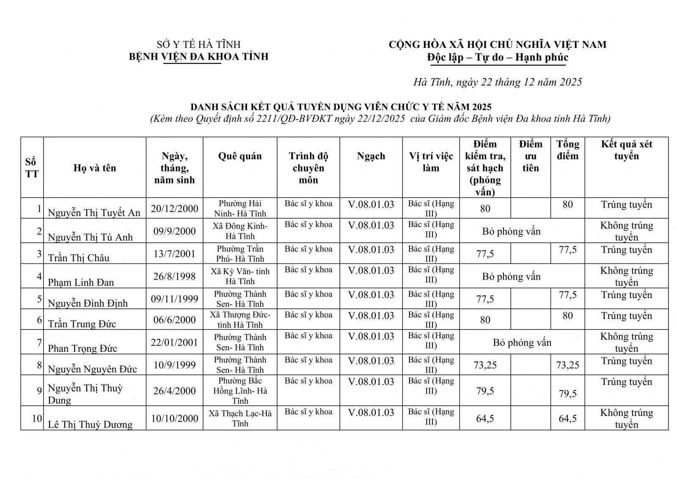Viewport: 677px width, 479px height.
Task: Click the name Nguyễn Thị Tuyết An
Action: click(94, 212)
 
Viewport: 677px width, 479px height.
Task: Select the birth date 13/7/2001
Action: click(174, 254)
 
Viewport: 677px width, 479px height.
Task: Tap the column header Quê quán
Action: click(240, 156)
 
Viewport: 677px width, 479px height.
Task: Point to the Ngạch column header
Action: click(371, 156)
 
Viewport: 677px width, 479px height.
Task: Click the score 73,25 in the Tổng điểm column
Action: click(567, 365)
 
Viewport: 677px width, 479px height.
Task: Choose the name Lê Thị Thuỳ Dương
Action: click(90, 424)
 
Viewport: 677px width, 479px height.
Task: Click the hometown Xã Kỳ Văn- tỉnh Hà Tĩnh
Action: click(240, 276)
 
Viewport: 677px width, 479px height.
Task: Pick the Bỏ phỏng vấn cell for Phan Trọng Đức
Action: click(522, 342)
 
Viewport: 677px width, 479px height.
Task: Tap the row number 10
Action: click(37, 418)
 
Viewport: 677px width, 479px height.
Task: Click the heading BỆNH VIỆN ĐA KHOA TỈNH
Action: click(198, 57)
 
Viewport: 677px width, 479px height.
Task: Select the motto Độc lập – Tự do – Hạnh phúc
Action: click(498, 57)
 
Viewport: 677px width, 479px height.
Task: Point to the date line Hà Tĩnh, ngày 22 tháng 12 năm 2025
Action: click(498, 82)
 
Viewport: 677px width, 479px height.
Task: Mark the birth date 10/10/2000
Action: click(174, 418)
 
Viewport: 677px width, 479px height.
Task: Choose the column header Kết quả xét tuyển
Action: click(626, 150)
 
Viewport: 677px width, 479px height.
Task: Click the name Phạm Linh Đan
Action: click(81, 282)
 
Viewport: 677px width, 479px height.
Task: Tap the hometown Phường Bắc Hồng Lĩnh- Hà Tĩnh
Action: click(240, 390)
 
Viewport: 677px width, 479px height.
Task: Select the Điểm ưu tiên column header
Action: click(530, 156)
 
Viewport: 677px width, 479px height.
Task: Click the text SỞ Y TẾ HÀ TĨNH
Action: click(198, 44)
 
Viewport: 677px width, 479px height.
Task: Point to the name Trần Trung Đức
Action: click(82, 324)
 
